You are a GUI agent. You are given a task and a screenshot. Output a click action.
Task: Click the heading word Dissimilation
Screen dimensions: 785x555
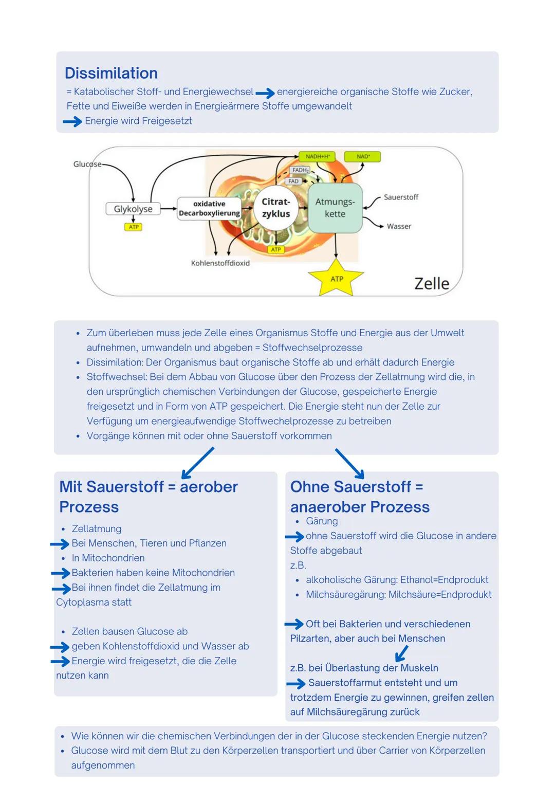(111, 73)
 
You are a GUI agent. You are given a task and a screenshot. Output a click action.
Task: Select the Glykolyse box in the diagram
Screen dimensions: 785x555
(133, 209)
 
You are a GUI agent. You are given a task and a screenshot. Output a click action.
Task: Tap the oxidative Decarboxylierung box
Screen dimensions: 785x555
(209, 209)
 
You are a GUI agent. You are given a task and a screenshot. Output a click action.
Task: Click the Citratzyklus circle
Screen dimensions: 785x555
(276, 208)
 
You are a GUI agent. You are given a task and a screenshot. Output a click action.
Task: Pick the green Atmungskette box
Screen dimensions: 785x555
(335, 208)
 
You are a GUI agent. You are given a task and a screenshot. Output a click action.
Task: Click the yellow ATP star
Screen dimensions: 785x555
(337, 279)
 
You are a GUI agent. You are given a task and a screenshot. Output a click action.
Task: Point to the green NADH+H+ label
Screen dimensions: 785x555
(317, 156)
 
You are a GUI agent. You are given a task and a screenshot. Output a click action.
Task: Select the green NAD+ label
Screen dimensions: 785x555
(363, 156)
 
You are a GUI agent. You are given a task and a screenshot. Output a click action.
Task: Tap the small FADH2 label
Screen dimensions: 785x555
(300, 170)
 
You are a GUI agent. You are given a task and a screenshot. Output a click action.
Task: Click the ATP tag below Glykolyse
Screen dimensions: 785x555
(134, 227)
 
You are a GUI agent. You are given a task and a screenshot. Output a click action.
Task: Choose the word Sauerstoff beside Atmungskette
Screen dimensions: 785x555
(401, 197)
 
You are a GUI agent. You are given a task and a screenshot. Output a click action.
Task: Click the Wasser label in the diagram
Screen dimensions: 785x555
(399, 226)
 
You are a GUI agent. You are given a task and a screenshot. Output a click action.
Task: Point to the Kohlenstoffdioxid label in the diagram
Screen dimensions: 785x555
(220, 263)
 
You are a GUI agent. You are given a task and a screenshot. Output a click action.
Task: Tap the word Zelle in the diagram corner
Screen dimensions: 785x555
(432, 283)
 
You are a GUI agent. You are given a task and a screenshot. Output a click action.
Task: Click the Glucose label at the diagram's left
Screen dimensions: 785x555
(87, 164)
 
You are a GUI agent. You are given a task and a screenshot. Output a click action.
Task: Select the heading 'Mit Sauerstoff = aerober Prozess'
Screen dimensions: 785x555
(149, 496)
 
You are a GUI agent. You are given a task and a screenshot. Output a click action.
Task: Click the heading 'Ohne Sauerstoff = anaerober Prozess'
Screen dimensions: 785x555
(359, 496)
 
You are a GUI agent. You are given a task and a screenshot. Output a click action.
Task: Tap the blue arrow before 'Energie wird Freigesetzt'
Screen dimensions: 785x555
(72, 121)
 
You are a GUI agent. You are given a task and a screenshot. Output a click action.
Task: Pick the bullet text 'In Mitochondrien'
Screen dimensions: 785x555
(108, 558)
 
